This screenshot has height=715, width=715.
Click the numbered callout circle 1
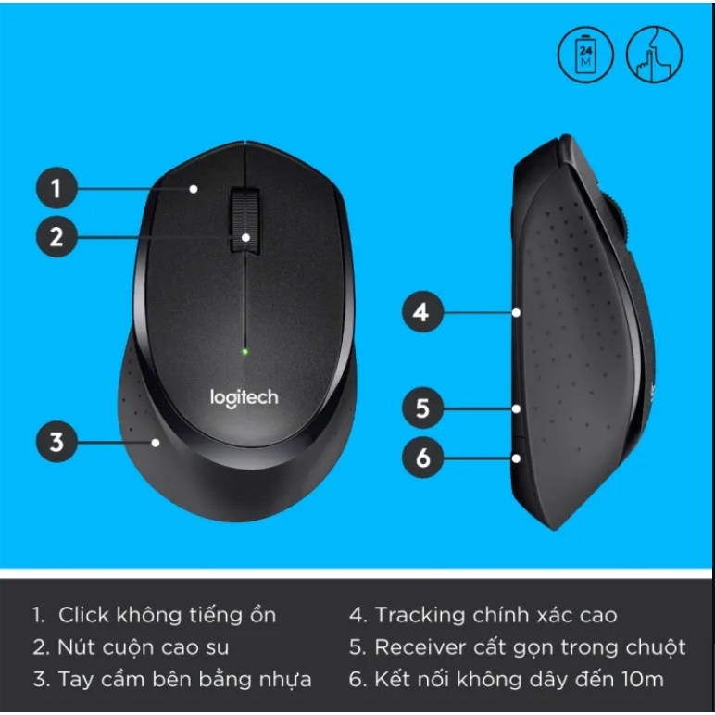pos(56,189)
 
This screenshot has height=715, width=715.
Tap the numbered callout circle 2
pos(56,237)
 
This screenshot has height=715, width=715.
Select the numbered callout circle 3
pos(56,442)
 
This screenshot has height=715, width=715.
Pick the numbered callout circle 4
pos(422,312)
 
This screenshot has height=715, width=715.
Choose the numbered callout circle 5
pos(422,408)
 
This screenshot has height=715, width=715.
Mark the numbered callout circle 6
pos(422,458)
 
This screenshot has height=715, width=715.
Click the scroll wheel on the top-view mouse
pos(245,220)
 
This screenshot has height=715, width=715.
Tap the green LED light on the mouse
pos(245,351)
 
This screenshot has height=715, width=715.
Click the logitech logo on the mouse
pos(244,398)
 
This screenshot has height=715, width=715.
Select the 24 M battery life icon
pos(585,55)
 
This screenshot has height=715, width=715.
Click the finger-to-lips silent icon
pos(654,55)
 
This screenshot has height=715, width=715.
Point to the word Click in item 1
pos(83,615)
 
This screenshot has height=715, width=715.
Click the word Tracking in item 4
pos(419,615)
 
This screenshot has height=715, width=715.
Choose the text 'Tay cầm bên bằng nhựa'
pos(184,679)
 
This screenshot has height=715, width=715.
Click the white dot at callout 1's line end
pos(194,189)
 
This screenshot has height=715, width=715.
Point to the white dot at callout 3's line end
pos(157,443)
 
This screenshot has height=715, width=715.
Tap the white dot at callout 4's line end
pos(517,313)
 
